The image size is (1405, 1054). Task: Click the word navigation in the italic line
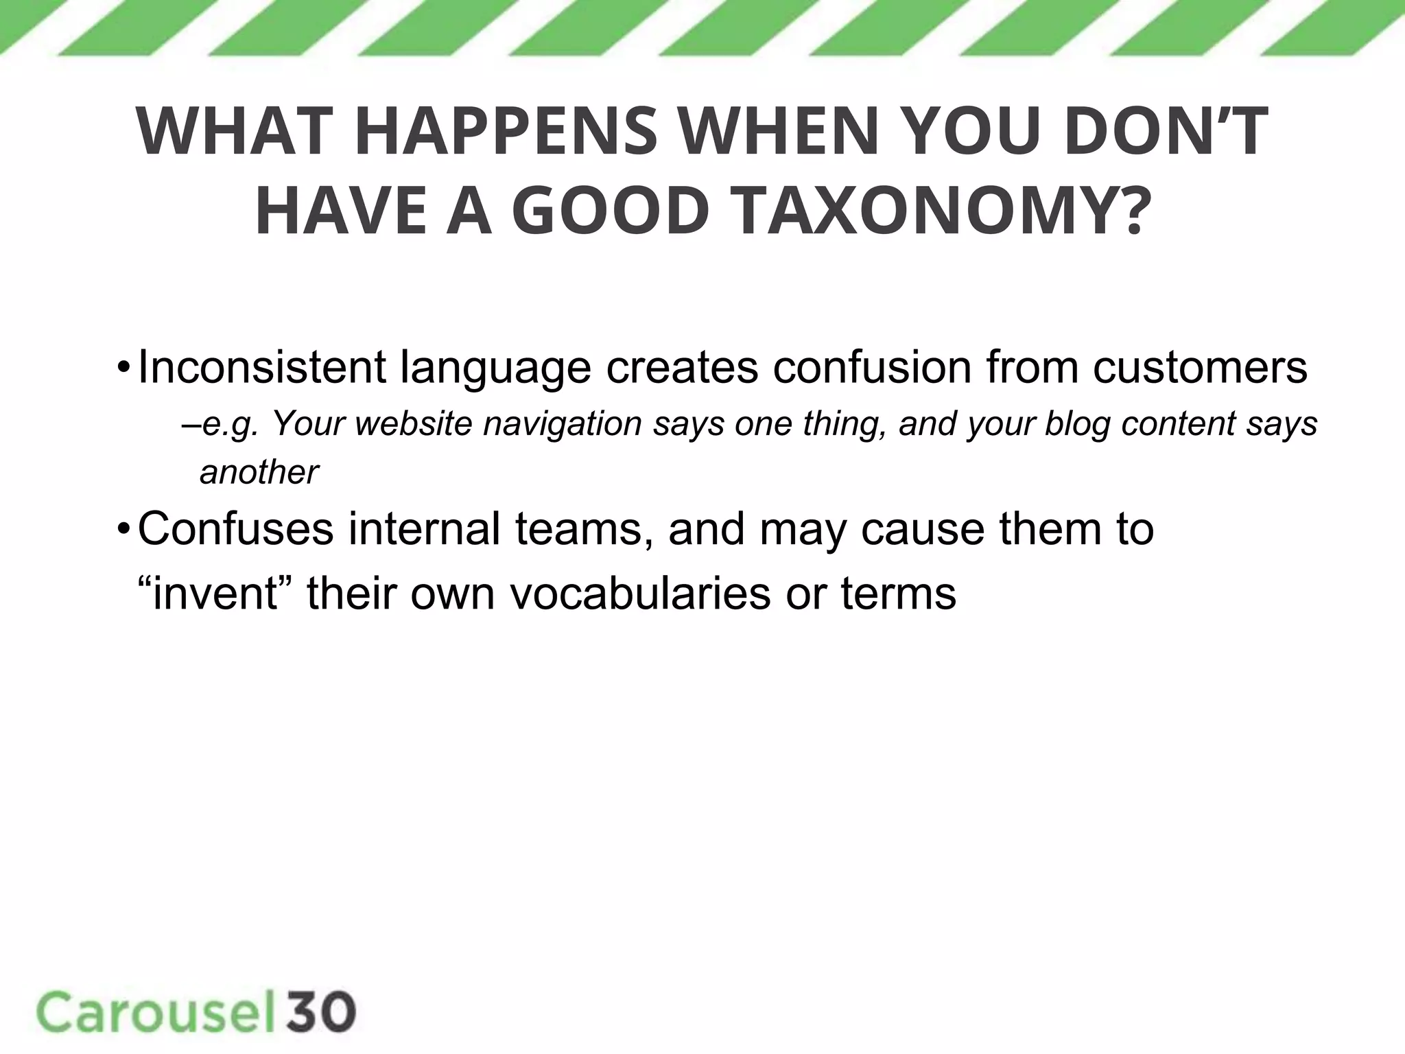pyautogui.click(x=563, y=423)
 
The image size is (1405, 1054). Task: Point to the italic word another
pyautogui.click(x=259, y=472)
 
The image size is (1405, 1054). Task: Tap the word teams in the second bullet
pyautogui.click(x=583, y=529)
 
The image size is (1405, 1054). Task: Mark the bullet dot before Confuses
pyautogui.click(x=123, y=529)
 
